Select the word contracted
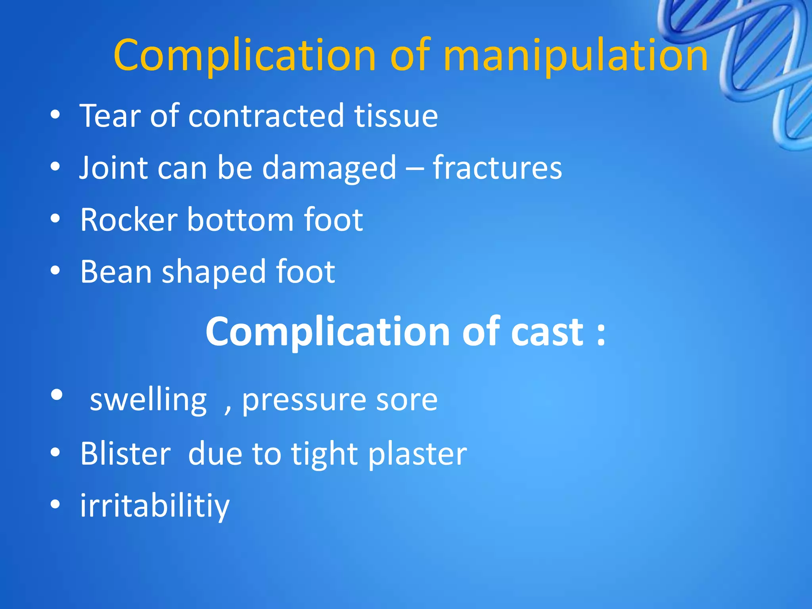(x=266, y=116)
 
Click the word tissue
(x=396, y=116)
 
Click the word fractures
(x=497, y=167)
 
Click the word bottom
(x=240, y=220)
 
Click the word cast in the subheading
(x=547, y=332)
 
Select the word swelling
(x=148, y=400)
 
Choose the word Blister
(x=126, y=454)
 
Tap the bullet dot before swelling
(x=57, y=395)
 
